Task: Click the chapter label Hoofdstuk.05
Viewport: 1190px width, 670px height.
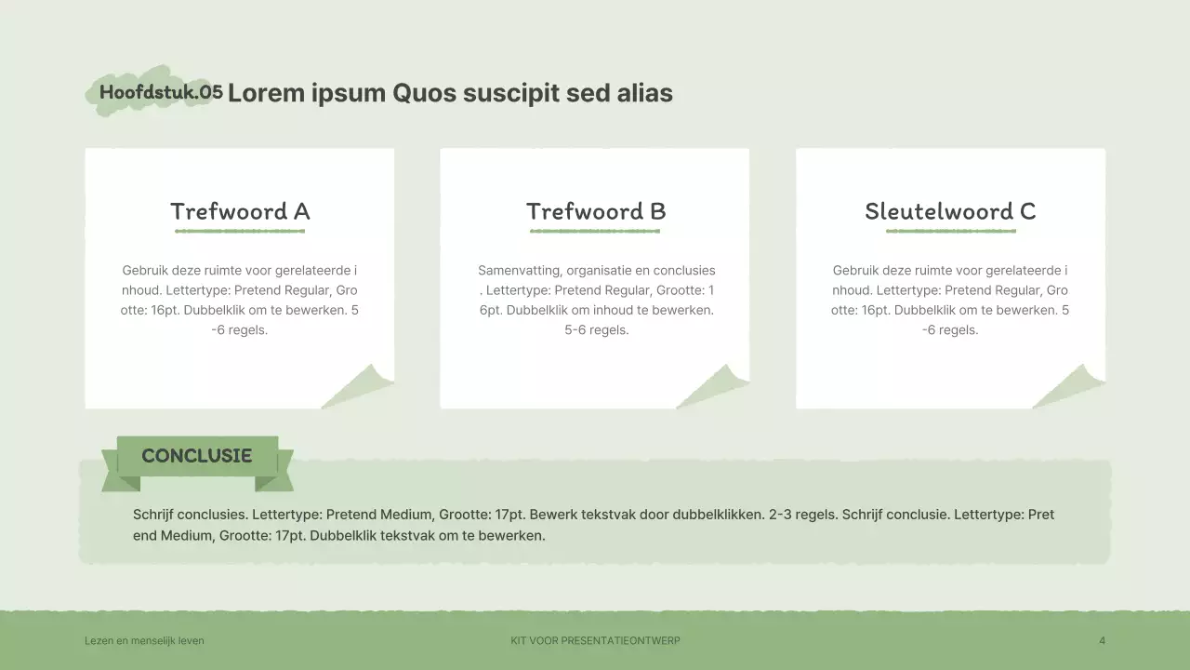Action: click(x=161, y=92)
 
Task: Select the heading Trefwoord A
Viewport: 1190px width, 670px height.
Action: click(x=240, y=211)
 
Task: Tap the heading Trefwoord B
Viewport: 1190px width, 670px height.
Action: click(x=596, y=211)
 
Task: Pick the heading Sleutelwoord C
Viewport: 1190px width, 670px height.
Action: click(x=950, y=211)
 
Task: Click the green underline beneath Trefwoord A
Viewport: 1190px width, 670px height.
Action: click(x=240, y=232)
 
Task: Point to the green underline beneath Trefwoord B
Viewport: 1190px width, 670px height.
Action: click(x=595, y=232)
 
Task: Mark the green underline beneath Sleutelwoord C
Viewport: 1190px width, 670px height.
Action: click(x=951, y=232)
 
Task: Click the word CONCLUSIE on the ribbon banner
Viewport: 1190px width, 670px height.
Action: click(x=196, y=456)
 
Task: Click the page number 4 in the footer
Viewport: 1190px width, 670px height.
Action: click(x=1103, y=641)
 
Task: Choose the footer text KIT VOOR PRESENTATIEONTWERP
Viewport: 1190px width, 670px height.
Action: click(x=595, y=641)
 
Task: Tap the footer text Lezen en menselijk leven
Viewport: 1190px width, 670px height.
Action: click(x=144, y=641)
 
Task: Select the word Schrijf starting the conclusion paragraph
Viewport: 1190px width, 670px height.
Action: click(x=153, y=515)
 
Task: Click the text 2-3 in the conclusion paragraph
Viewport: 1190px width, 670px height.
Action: click(x=780, y=515)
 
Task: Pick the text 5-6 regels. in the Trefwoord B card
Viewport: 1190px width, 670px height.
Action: click(x=597, y=330)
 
